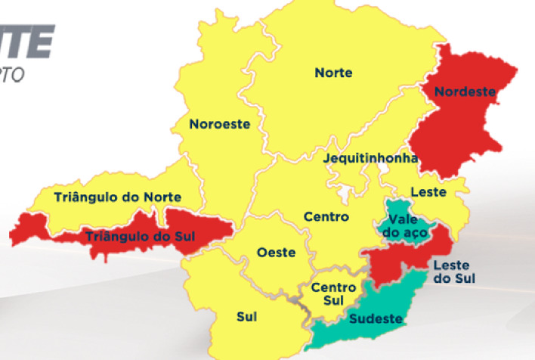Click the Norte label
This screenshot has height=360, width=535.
[333, 73]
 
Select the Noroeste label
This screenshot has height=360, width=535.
[219, 123]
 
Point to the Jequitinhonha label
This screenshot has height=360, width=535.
[370, 159]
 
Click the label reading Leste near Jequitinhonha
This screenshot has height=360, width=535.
[428, 192]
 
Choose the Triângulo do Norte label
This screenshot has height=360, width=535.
[118, 197]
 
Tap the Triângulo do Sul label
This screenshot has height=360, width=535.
[140, 237]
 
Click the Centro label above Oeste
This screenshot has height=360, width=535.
[326, 217]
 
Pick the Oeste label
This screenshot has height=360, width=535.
[276, 253]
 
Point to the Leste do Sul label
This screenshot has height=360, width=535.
[452, 272]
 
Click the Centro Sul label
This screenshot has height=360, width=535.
[333, 294]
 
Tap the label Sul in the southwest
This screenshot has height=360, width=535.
[246, 317]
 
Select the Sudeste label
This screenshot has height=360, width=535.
[374, 318]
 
